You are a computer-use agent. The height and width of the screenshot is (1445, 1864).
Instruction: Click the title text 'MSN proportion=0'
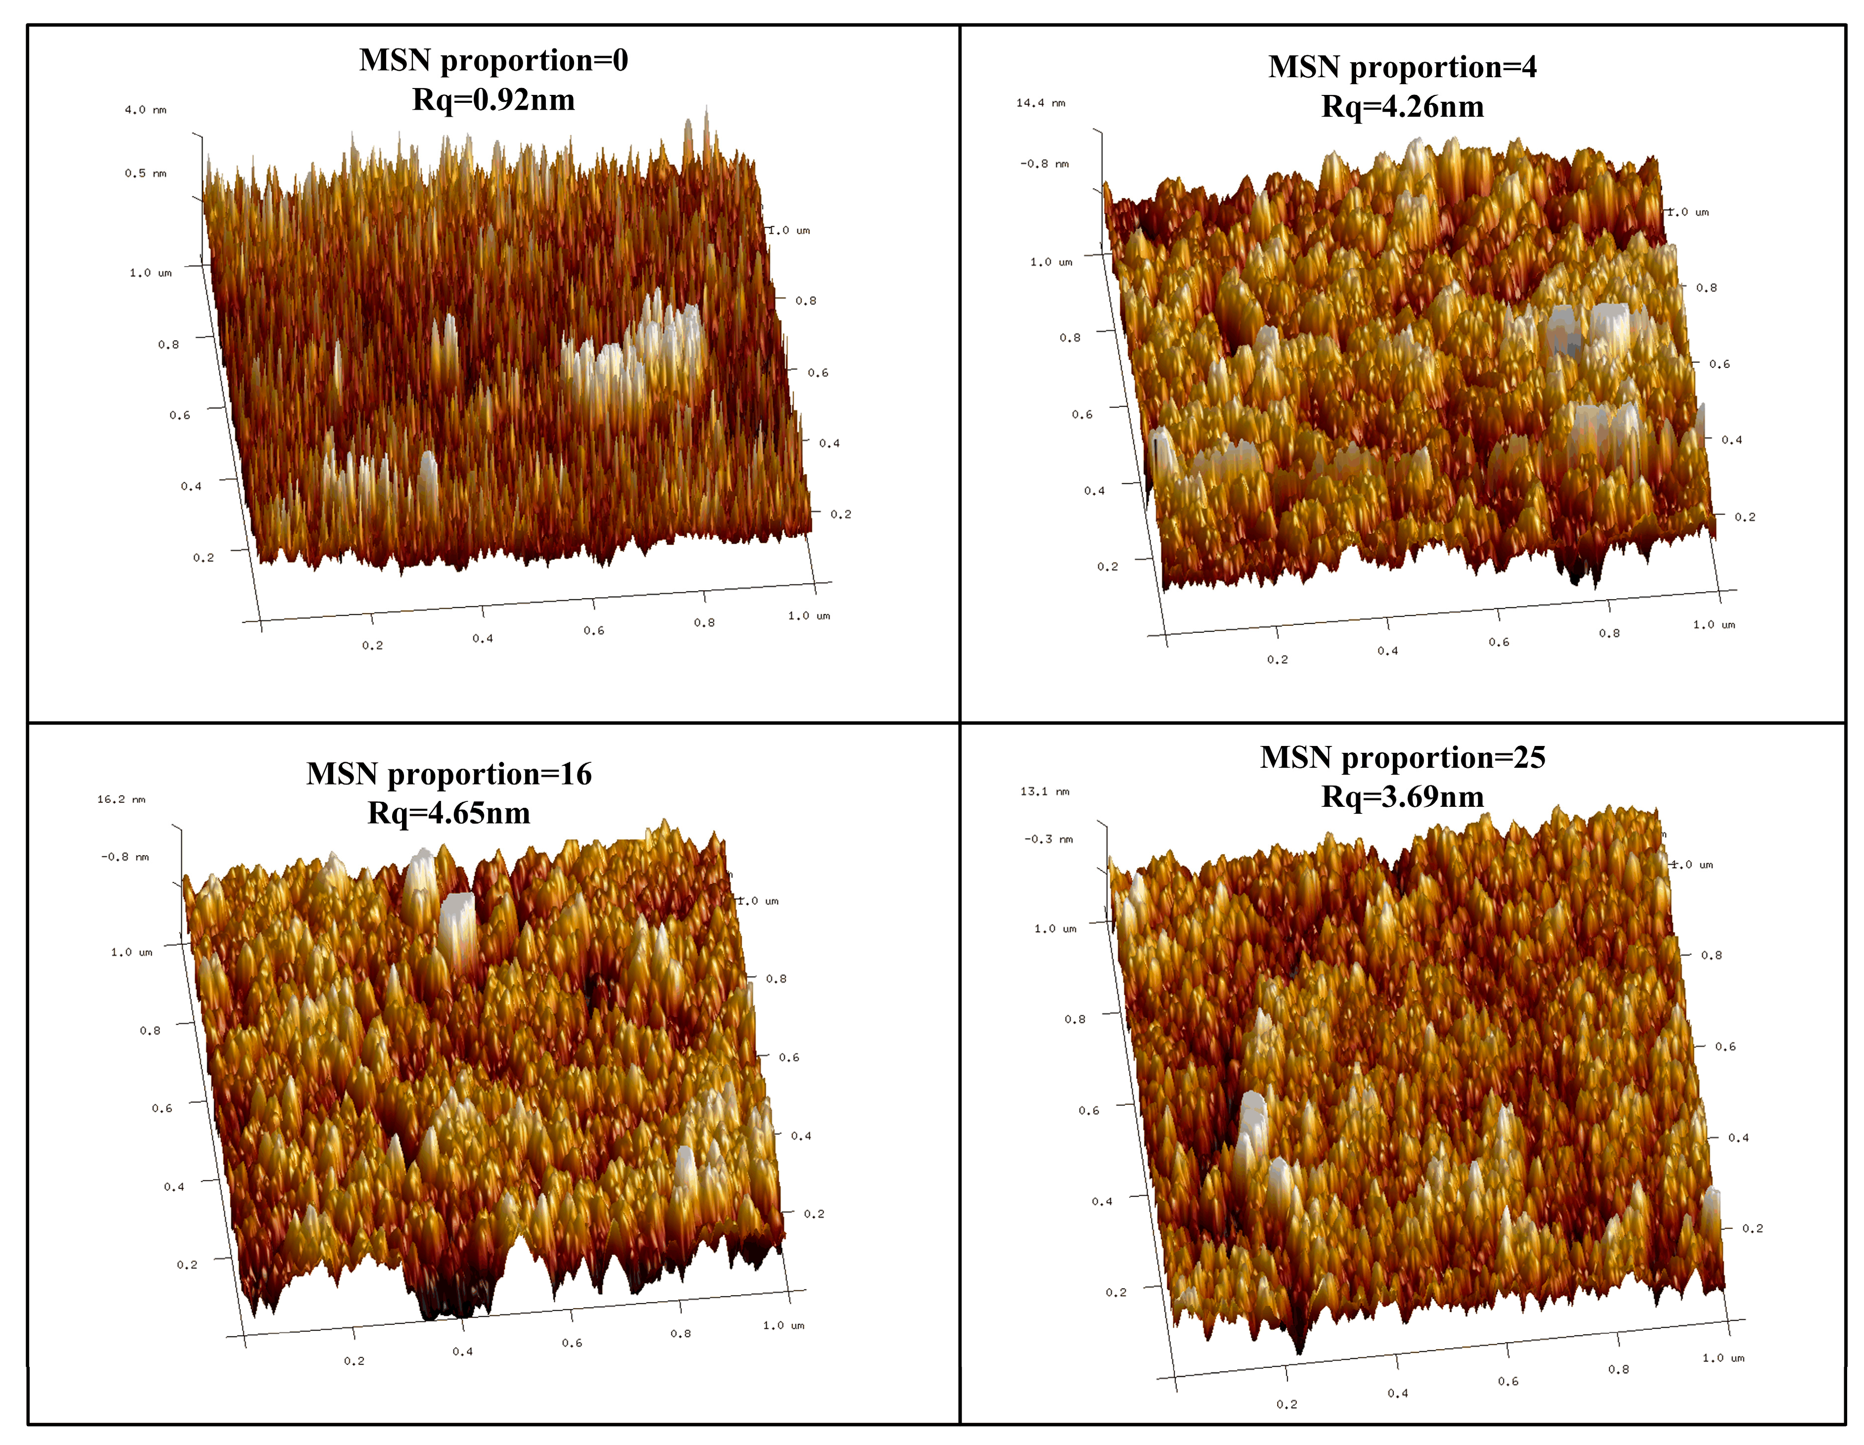[x=493, y=61]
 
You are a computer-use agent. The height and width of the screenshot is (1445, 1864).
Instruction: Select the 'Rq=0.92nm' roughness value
[x=493, y=100]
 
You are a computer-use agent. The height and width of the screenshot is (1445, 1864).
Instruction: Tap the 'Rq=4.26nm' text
[x=1402, y=107]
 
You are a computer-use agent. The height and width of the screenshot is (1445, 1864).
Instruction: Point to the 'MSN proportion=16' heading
[x=449, y=774]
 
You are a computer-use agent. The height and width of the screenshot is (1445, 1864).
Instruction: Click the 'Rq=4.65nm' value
[x=449, y=813]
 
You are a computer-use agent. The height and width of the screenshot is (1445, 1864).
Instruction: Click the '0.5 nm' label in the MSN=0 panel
[x=145, y=173]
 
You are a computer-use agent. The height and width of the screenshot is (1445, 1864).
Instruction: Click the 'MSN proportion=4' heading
[x=1402, y=67]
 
